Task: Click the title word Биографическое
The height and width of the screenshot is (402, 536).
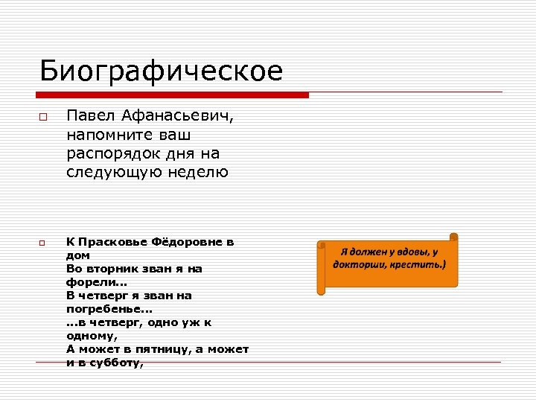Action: click(161, 71)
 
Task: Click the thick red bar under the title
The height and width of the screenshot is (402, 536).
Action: click(173, 95)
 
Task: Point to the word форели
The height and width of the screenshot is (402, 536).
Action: click(94, 282)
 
